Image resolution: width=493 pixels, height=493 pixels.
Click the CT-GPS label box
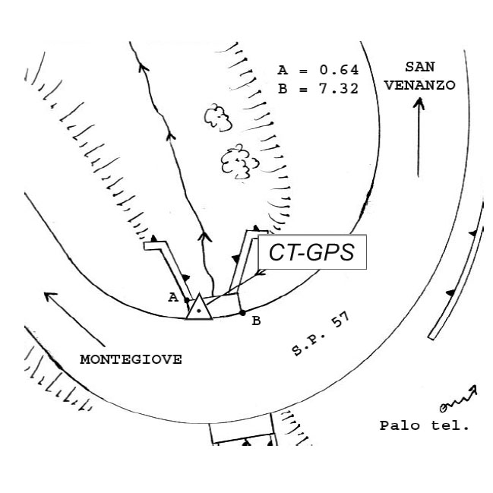pos(312,252)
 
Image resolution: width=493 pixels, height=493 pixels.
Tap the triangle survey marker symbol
pos(199,307)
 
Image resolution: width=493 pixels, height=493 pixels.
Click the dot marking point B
pos(242,313)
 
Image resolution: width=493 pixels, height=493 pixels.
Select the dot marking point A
pos(187,300)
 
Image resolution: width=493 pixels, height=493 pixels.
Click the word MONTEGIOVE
pos(131,359)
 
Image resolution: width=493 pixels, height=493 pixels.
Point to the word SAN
pos(420,67)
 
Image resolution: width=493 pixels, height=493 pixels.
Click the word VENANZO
pos(420,85)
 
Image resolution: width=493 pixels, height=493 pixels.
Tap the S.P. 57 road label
pos(321,334)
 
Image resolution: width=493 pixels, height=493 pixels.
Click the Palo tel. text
pos(424,425)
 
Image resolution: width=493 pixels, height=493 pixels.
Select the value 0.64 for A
pos(339,70)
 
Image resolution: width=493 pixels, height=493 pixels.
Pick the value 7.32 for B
pos(339,89)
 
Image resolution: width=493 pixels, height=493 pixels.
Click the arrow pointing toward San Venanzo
pos(419,137)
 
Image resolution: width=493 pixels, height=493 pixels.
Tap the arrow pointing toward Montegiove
pos(74,319)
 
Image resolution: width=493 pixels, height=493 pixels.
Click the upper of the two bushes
pos(218,118)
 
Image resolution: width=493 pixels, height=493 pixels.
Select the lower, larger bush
pos(239,162)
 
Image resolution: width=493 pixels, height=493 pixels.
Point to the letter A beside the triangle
pos(173,297)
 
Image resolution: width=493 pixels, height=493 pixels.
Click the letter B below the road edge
pos(256,321)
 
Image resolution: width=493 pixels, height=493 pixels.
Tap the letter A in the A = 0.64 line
pos(283,70)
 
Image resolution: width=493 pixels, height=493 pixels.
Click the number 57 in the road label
pos(341,320)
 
